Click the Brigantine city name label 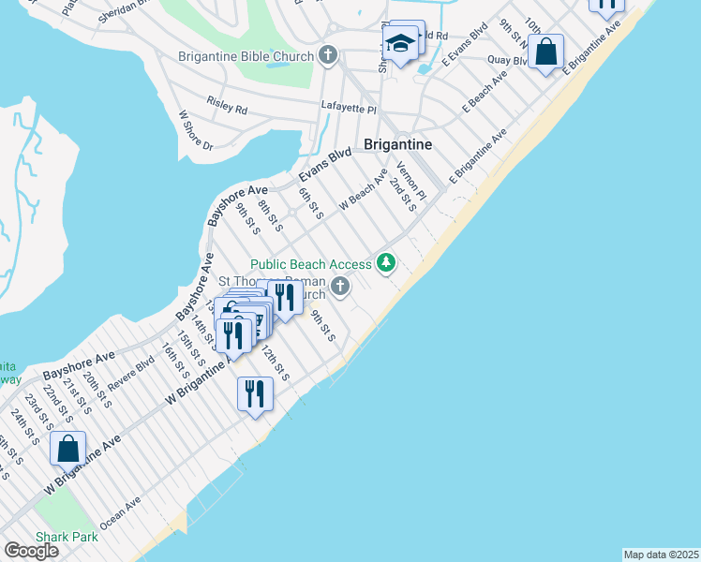(x=397, y=145)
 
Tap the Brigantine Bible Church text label (x=246, y=56)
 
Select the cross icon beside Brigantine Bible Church (x=327, y=55)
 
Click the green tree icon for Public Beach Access (x=385, y=262)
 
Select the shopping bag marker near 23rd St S (x=68, y=449)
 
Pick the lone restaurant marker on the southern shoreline (x=255, y=393)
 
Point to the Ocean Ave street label (x=120, y=511)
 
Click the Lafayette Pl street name (x=348, y=109)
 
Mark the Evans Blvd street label (x=324, y=165)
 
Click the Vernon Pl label (x=410, y=181)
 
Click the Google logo (x=32, y=551)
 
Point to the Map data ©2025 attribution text (x=662, y=555)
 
